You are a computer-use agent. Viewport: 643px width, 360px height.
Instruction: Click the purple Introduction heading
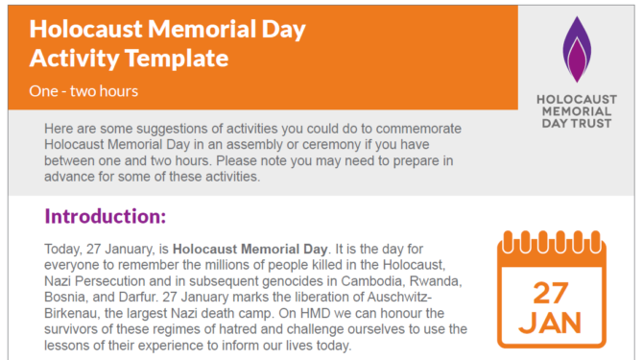click(105, 216)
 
